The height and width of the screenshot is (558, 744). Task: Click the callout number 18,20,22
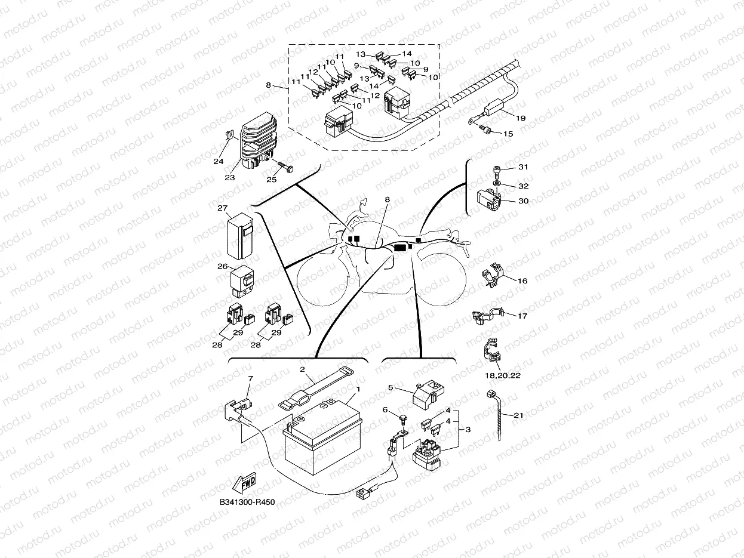point(500,376)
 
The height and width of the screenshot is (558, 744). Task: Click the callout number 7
point(250,378)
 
